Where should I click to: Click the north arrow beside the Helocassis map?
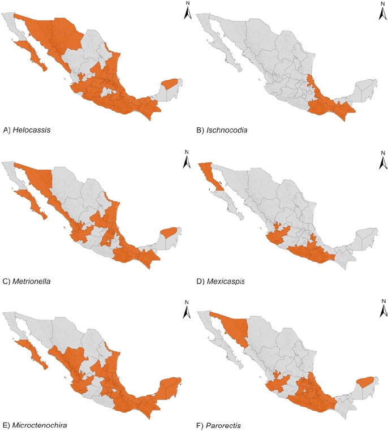click(188, 12)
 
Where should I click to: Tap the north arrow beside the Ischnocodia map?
click(381, 12)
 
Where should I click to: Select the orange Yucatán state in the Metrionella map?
click(169, 232)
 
